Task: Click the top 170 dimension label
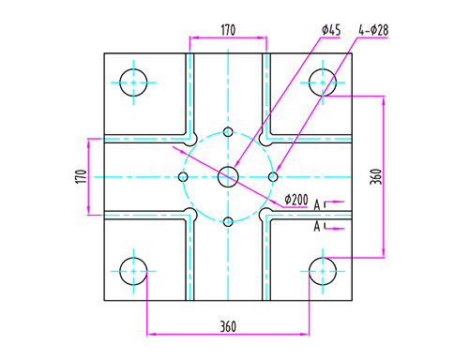click(x=228, y=30)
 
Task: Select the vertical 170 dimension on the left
click(x=82, y=176)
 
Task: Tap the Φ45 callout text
click(x=331, y=30)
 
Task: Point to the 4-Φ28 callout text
click(x=373, y=30)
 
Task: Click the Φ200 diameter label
click(x=296, y=200)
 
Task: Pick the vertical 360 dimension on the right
click(x=376, y=176)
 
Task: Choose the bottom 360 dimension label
click(x=228, y=326)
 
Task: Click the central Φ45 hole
click(x=228, y=177)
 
